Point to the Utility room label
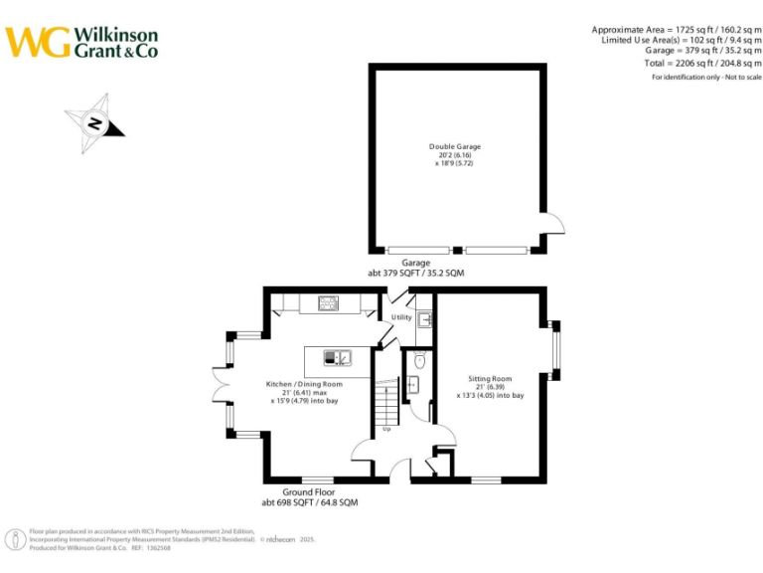pyautogui.click(x=401, y=317)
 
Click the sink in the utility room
pyautogui.click(x=424, y=318)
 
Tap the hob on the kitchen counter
pyautogui.click(x=328, y=302)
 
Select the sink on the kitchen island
pyautogui.click(x=341, y=356)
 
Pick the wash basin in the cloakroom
pyautogui.click(x=412, y=384)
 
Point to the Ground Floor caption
pyautogui.click(x=309, y=492)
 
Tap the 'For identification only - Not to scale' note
pyautogui.click(x=706, y=78)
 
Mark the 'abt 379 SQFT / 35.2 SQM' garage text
pyautogui.click(x=416, y=272)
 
